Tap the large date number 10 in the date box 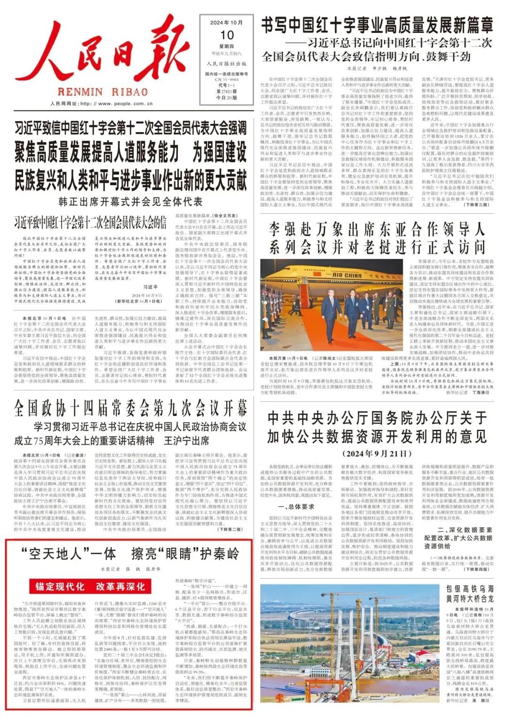(x=227, y=35)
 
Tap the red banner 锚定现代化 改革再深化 (x=90, y=587)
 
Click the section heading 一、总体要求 (x=295, y=507)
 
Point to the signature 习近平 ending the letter (x=150, y=287)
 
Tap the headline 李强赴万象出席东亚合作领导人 (x=377, y=230)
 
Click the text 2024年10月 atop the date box (x=227, y=23)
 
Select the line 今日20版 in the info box (x=227, y=97)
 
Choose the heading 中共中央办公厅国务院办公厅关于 (x=377, y=418)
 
